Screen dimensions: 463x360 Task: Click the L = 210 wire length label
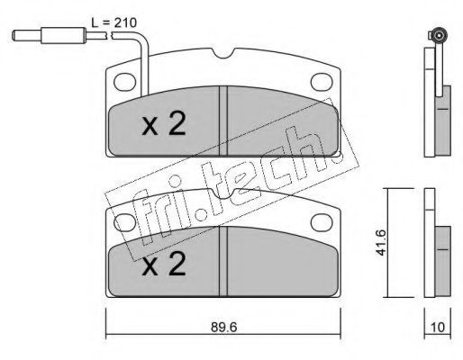pos(114,22)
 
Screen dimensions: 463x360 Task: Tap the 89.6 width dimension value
pos(224,328)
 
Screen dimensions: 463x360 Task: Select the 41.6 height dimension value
pos(381,242)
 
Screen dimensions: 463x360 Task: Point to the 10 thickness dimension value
pos(438,328)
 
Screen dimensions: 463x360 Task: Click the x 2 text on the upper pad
pos(164,124)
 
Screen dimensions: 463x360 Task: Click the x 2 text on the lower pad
pos(164,264)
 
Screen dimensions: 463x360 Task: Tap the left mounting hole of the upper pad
pos(125,82)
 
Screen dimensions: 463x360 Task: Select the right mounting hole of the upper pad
pos(322,82)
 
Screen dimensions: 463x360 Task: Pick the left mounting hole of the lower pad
pos(125,222)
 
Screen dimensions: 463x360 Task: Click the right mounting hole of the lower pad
pos(322,222)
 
